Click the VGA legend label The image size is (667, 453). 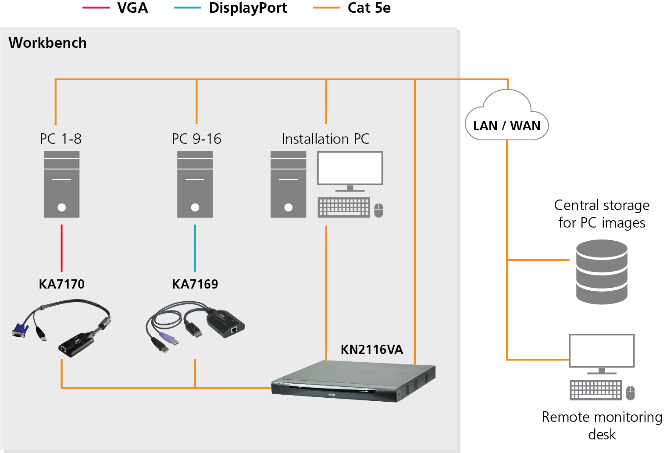[x=132, y=8]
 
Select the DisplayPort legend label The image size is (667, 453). [x=248, y=8]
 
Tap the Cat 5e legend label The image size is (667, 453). [x=369, y=8]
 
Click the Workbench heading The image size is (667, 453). [x=47, y=43]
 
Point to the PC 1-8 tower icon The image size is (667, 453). [x=61, y=185]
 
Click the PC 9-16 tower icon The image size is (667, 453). [x=195, y=185]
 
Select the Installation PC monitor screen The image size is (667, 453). [x=350, y=168]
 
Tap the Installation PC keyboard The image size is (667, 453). [x=344, y=207]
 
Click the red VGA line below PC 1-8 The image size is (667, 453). [x=61, y=248]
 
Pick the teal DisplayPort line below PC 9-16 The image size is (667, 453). [x=195, y=248]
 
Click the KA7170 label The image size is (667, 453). [x=61, y=284]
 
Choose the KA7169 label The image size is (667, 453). [x=195, y=284]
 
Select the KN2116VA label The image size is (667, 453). [x=371, y=350]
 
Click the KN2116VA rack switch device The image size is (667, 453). [x=353, y=381]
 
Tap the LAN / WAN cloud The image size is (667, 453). [x=506, y=118]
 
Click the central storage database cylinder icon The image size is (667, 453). [x=602, y=272]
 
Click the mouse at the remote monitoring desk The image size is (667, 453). [x=630, y=393]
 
